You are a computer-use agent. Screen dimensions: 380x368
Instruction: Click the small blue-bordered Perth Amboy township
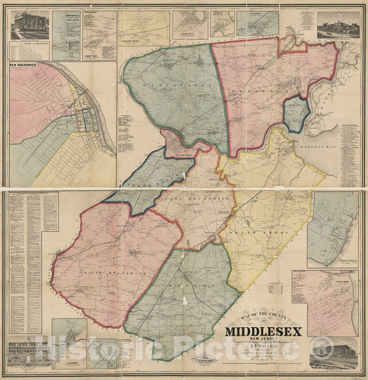click(295, 114)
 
